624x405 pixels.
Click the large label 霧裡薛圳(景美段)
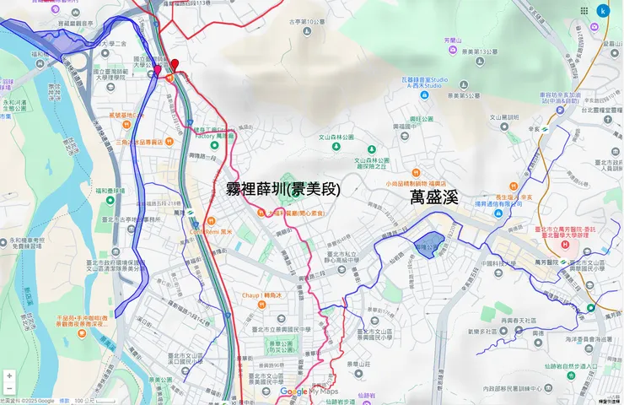pyautogui.click(x=284, y=189)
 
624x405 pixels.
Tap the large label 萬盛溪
pyautogui.click(x=433, y=197)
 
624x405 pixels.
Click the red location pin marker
pyautogui.click(x=175, y=65)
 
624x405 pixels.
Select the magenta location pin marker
pyautogui.click(x=157, y=70)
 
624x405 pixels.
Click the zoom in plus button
pyautogui.click(x=9, y=375)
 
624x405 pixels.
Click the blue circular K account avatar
pyautogui.click(x=603, y=11)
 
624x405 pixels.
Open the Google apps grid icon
pyautogui.click(x=584, y=11)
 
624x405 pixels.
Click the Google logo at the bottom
pyautogui.click(x=293, y=391)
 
